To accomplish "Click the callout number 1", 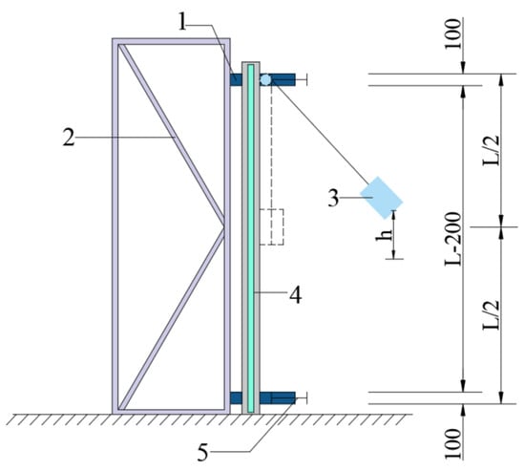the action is click(x=182, y=21).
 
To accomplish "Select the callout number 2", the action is click(x=69, y=138).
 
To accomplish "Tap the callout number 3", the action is click(x=333, y=199).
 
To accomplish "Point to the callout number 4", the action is click(x=295, y=295).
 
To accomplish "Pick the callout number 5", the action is click(x=202, y=453).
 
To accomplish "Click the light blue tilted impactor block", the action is click(x=382, y=198).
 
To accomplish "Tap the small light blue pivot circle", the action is click(x=265, y=80).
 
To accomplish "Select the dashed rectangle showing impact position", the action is click(x=272, y=227).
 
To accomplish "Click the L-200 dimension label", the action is click(x=453, y=239).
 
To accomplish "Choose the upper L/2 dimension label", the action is click(x=492, y=150).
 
